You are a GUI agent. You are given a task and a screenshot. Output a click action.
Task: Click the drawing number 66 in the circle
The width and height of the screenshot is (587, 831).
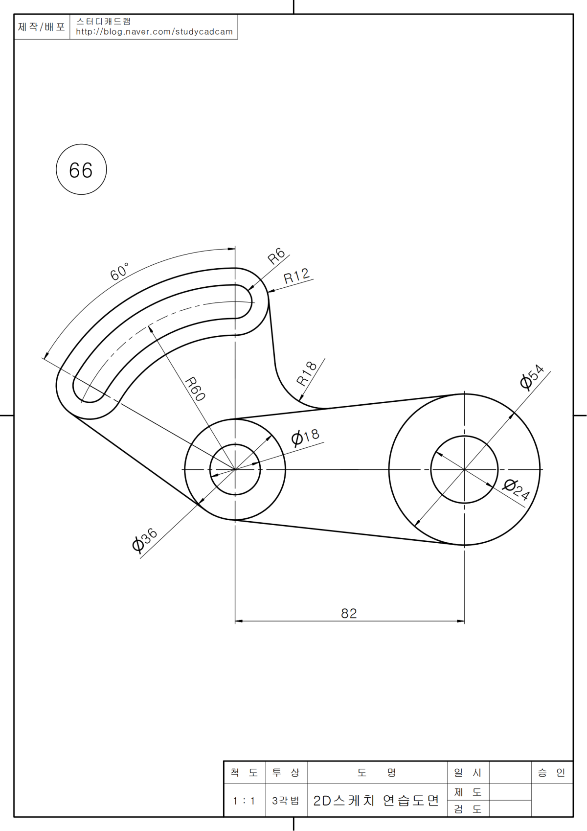pos(81,170)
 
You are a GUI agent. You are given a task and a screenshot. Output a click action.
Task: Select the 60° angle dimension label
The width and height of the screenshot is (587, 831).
pos(119,272)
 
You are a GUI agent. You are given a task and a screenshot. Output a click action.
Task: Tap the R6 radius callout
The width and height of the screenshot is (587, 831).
pos(276,255)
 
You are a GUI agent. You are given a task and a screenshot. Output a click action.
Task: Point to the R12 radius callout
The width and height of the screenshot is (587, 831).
pos(296,277)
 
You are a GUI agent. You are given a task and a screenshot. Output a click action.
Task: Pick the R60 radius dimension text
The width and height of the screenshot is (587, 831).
pos(195,389)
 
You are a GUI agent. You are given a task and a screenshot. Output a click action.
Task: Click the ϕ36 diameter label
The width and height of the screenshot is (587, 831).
pos(144,540)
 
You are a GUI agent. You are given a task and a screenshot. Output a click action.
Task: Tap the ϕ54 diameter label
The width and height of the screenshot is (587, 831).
pos(532,377)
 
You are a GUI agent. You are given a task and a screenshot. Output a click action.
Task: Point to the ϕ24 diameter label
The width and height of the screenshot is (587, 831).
pos(517,489)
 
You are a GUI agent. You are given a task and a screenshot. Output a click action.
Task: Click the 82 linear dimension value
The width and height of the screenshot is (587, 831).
pos(349,613)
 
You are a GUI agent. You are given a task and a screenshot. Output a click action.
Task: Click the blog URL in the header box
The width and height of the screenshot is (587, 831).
pos(154,32)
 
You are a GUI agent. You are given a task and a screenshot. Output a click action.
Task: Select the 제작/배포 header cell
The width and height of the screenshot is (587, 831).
pos(42,26)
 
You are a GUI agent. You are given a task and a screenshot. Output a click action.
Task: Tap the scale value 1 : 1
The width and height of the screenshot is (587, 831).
pos(244,801)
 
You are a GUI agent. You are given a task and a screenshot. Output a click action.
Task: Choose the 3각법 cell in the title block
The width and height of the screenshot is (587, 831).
pos(286,801)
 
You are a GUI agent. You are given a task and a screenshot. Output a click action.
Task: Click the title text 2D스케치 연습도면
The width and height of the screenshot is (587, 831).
pos(376,801)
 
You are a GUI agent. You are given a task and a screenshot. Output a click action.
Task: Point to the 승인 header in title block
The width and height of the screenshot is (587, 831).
pos(551,773)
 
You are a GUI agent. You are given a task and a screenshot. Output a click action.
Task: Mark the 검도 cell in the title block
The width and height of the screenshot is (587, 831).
pos(468,809)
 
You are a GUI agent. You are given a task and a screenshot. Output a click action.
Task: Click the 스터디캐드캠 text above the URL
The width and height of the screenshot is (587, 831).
pos(103,22)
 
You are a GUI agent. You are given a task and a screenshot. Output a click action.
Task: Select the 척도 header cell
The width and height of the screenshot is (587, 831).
pos(244,773)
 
